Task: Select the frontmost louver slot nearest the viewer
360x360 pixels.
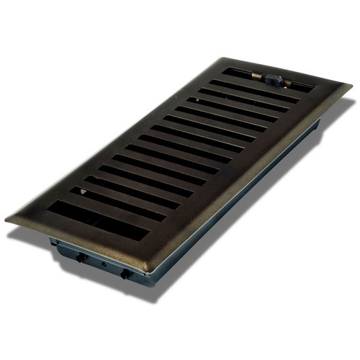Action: point(101,218)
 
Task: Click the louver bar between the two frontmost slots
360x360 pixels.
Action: point(108,210)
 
